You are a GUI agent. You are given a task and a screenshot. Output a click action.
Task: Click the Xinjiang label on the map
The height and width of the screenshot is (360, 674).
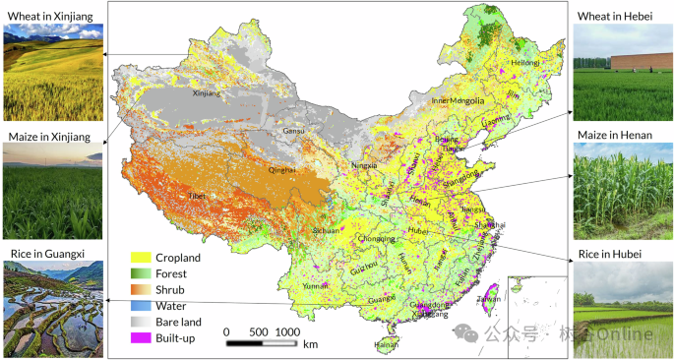pos(207,94)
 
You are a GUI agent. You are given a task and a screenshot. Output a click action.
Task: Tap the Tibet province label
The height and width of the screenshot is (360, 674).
pos(198,196)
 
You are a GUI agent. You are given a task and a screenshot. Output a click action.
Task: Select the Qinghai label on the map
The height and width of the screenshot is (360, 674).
pos(281,169)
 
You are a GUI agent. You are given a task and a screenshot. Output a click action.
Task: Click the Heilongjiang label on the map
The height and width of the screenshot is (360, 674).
pos(524,63)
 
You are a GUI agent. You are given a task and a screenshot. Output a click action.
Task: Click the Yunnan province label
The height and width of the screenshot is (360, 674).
pos(316,285)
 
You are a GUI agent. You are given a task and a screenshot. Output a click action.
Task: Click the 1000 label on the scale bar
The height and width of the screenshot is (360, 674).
pos(287,332)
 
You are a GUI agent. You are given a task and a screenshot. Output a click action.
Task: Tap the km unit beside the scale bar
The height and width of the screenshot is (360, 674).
pos(311,344)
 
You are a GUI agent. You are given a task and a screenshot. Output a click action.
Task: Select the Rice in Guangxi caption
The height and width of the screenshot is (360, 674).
pos(47,254)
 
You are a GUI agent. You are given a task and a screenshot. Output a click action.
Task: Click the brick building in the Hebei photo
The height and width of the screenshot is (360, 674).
pos(642,61)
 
